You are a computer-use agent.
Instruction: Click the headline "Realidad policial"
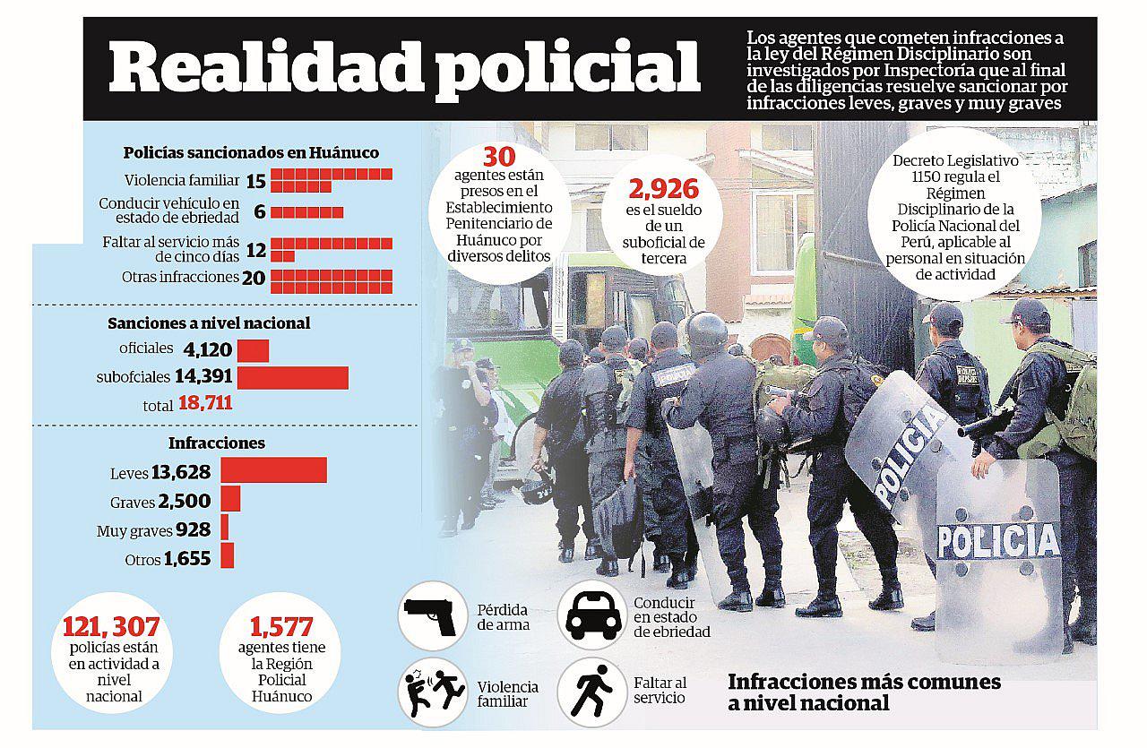pos(404,70)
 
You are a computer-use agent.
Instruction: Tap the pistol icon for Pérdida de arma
pos(430,615)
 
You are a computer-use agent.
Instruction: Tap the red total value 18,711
pos(205,403)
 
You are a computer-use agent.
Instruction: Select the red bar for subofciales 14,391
pos(292,377)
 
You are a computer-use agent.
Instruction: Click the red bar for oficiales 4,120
pos(254,349)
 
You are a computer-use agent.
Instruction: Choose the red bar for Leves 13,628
pos(273,471)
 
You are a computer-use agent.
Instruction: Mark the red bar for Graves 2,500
pos(230,499)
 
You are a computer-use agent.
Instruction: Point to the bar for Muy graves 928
pos(225,528)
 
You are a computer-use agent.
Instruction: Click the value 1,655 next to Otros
pos(187,559)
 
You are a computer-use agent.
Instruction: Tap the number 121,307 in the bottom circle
pos(111,628)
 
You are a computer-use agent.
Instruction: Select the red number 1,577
pos(281,628)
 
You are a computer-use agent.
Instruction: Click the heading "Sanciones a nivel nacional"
pos(209,323)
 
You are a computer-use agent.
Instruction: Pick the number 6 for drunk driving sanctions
pos(259,211)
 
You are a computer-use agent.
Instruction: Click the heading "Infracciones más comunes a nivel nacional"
pos(864,692)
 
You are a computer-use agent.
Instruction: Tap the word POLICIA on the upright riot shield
pos(998,541)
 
